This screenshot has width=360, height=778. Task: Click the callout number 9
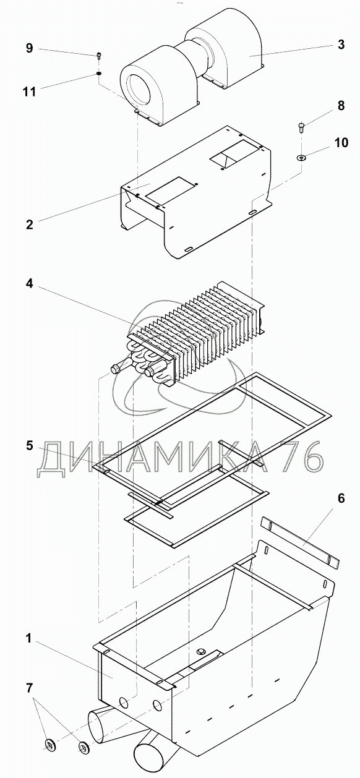tap(30, 48)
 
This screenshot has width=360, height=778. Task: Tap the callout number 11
tap(30, 92)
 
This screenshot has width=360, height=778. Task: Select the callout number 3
tap(341, 45)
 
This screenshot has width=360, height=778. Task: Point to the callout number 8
tap(341, 105)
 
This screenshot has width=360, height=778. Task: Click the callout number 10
tap(341, 142)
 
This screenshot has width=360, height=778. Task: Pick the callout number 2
tap(30, 224)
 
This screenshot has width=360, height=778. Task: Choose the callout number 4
tap(30, 283)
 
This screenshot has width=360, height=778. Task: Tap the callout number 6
tap(341, 498)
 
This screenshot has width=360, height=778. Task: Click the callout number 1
tap(29, 638)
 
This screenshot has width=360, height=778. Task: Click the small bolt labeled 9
tap(99, 56)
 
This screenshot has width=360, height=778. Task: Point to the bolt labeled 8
tap(301, 127)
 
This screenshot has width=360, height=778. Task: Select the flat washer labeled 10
tap(301, 158)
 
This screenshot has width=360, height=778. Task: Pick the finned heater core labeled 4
tap(187, 333)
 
